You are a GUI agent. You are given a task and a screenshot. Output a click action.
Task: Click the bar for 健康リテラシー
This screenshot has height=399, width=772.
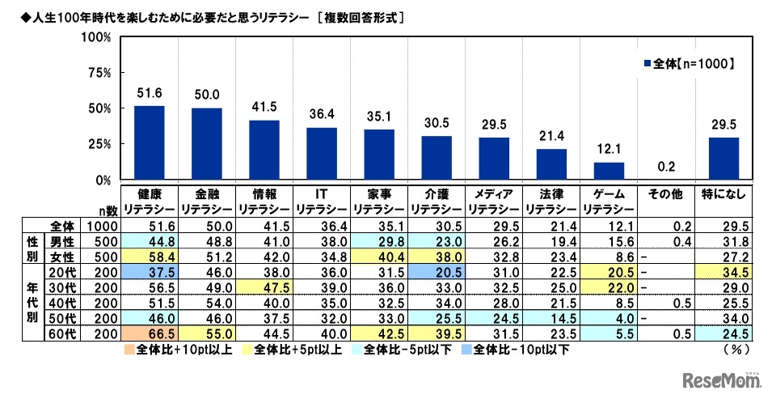[x=149, y=142]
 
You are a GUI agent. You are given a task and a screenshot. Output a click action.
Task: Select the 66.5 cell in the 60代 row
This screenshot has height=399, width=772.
[x=149, y=333]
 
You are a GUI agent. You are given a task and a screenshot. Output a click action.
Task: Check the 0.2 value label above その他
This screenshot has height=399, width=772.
[x=667, y=166]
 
